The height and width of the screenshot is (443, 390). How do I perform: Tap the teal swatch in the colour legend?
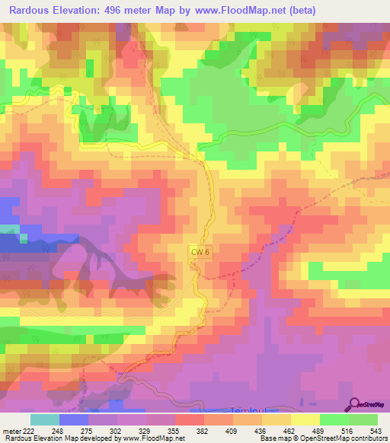tap(45, 419)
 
